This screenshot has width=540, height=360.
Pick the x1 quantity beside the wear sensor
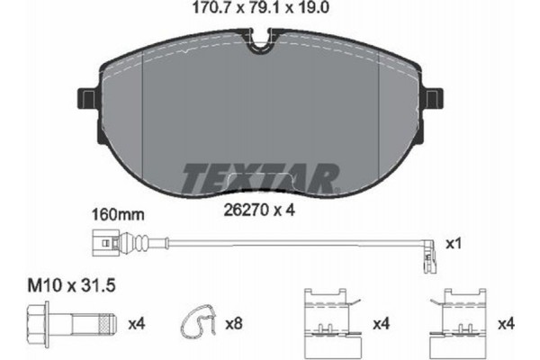click(455, 243)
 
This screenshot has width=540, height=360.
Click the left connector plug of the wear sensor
click(105, 241)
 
